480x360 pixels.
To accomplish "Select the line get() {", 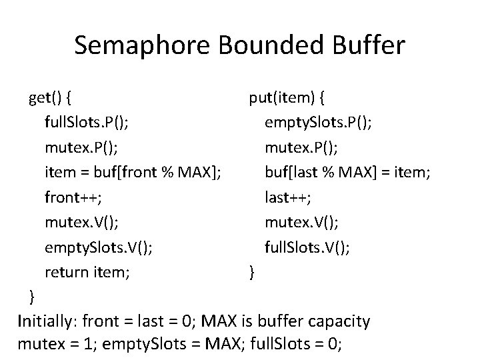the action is pyautogui.click(x=51, y=99).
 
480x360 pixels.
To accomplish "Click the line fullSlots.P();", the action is pyautogui.click(x=87, y=123).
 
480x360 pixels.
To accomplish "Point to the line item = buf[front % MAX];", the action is pyautogui.click(x=133, y=173).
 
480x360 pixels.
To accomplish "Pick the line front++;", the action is pyautogui.click(x=73, y=197).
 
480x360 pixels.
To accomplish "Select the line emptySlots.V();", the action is pyautogui.click(x=98, y=247).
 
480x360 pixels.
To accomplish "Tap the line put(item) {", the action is pyautogui.click(x=287, y=99).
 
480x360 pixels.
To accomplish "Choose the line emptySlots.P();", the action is pyautogui.click(x=319, y=123).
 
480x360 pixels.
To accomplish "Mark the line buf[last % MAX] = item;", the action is pyautogui.click(x=347, y=173).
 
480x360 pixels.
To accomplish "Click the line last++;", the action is pyautogui.click(x=289, y=197).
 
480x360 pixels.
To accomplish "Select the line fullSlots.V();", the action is pyautogui.click(x=307, y=247).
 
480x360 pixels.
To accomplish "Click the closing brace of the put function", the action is pyautogui.click(x=251, y=271).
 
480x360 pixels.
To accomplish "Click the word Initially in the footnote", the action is pyautogui.click(x=47, y=321).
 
